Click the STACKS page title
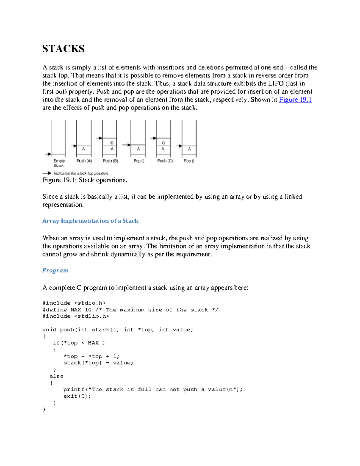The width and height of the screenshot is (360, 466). coord(63,49)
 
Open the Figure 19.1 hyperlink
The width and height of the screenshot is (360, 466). coord(295,100)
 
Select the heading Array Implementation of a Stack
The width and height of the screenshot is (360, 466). coord(90,221)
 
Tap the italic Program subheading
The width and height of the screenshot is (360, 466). coord(55,270)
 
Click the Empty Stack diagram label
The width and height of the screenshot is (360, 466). coord(59,163)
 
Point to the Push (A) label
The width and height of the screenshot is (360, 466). coord(84,161)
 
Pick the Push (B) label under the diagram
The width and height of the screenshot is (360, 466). coord(110,161)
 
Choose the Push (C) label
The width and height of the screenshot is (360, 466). coord(165,161)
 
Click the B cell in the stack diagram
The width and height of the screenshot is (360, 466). coord(112,143)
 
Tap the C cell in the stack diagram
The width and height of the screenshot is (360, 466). coord(163,143)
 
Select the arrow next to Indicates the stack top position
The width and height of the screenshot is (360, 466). coord(47,173)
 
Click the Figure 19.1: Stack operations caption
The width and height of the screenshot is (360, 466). coord(85,180)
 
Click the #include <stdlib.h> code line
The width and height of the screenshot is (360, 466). coord(76,316)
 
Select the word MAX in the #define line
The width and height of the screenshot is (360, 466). coord(76,310)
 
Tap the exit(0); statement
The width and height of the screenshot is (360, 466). coord(77,396)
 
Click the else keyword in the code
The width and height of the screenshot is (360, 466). coord(56,376)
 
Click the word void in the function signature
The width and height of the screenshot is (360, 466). coord(49,330)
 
